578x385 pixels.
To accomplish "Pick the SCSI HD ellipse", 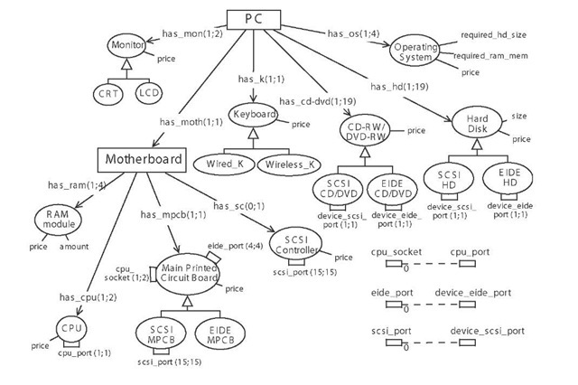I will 446,179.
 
